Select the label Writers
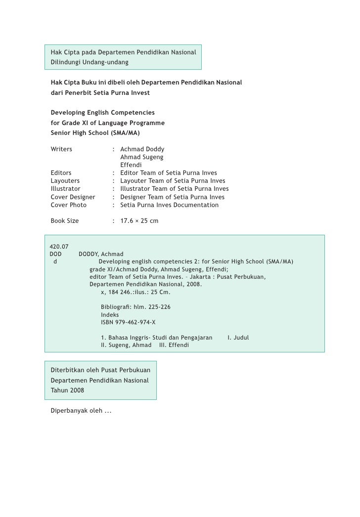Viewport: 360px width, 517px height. pos(61,149)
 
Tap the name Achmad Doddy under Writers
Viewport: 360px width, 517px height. pos(142,149)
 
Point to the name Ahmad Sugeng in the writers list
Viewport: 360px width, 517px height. pos(142,157)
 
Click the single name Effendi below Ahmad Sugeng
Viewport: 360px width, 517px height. pos(131,165)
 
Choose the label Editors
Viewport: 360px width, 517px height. pos(61,173)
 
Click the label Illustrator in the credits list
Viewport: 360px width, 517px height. pos(65,189)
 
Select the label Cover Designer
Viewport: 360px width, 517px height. pos(73,197)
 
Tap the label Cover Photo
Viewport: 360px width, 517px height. pos(69,205)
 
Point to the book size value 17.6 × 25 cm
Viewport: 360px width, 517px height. pos(139,221)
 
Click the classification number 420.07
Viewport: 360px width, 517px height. pos(59,247)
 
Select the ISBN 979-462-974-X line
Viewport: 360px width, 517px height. pos(128,322)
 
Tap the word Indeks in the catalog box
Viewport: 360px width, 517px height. pos(110,315)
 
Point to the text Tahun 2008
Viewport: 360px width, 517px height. pos(67,390)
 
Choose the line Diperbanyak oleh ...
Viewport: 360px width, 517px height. pos(81,411)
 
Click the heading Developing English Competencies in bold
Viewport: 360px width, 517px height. pos(103,113)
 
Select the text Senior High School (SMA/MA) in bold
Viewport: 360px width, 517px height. pos(95,133)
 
